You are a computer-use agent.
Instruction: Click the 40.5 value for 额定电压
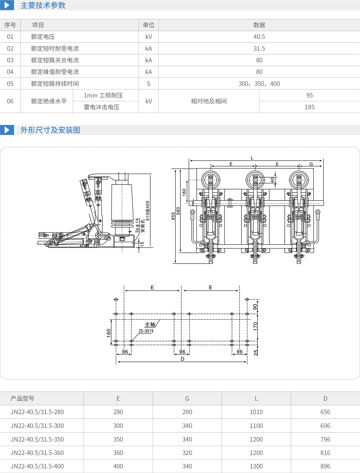tap(259, 37)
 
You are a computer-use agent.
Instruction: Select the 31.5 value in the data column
tap(259, 48)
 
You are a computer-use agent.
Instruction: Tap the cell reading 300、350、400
tap(259, 83)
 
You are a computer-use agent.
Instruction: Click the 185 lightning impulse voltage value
tap(309, 107)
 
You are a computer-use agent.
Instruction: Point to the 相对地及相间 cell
tap(209, 101)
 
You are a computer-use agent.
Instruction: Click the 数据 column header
tap(259, 25)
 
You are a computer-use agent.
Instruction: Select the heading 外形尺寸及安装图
tap(50, 130)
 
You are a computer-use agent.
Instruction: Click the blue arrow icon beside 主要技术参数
tap(7, 5)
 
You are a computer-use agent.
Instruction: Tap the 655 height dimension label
tap(173, 216)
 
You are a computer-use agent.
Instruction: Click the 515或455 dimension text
tap(148, 211)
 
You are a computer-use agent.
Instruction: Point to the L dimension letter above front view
tap(252, 158)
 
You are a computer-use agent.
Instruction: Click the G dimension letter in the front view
tap(311, 164)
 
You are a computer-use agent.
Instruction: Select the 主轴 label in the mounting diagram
tap(150, 324)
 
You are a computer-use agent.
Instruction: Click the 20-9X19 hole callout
tap(146, 331)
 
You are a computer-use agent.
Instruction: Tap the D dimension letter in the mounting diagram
tap(182, 359)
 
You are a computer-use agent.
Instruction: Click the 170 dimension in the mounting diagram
tap(255, 326)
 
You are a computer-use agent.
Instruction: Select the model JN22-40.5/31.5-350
tap(37, 439)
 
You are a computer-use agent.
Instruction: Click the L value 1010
tap(256, 412)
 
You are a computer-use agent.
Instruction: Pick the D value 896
tap(325, 466)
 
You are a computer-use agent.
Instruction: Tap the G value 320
tap(187, 453)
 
